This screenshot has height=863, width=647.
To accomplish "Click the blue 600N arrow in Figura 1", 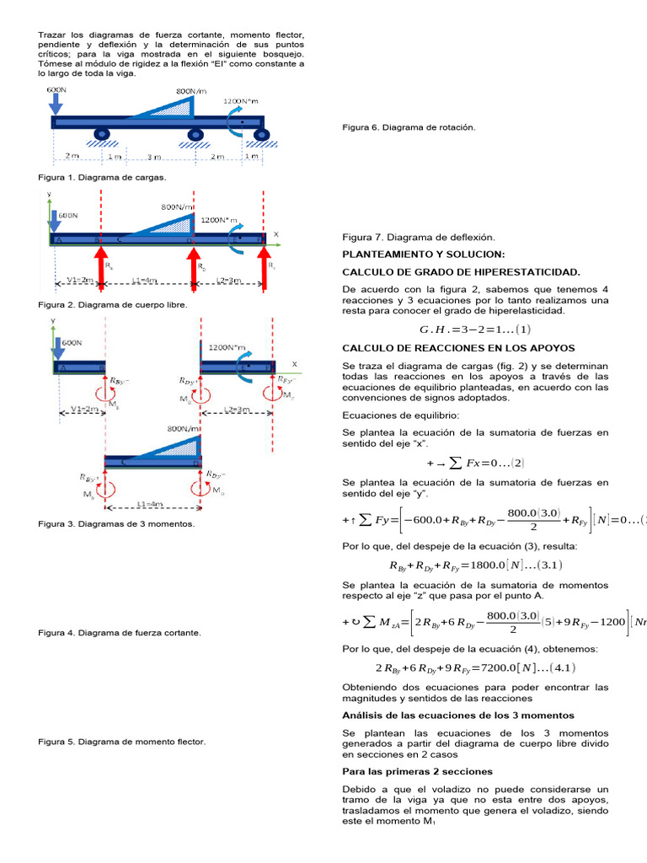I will pyautogui.click(x=56, y=103).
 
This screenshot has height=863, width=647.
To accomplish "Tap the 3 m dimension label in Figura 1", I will pyautogui.click(x=154, y=158).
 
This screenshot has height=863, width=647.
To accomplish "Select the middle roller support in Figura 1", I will pyautogui.click(x=195, y=135).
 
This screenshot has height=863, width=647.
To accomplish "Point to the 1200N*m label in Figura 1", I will pyautogui.click(x=242, y=101).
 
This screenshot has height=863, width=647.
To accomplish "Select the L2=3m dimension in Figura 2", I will pyautogui.click(x=229, y=279).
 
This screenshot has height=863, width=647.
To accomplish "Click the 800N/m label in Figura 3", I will pyautogui.click(x=184, y=429).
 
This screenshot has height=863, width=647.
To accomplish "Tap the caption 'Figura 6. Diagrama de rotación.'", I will pyautogui.click(x=409, y=127).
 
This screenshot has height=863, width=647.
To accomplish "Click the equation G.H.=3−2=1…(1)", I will pyautogui.click(x=475, y=330).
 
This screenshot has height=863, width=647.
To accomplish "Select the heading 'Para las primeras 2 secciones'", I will pyautogui.click(x=417, y=771).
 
